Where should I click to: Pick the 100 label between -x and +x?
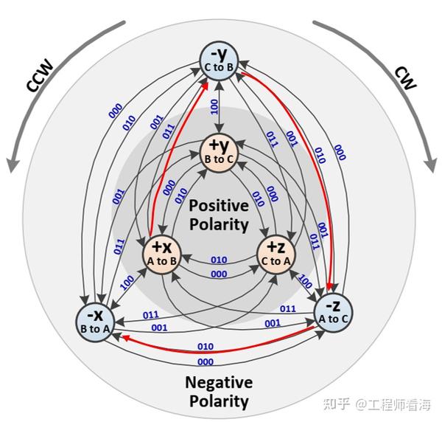pos(127,280)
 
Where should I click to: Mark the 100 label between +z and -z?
pos(304,283)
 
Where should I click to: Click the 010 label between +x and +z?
pos(219,260)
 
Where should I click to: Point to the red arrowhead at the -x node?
pos(126,337)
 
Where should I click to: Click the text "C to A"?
pos(276,261)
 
